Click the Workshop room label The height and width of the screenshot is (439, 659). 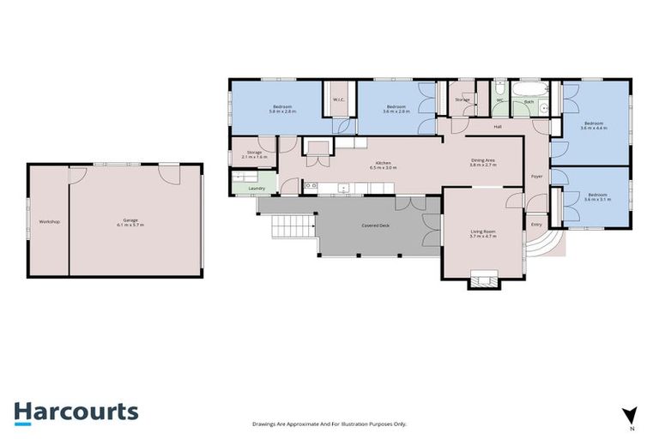50,222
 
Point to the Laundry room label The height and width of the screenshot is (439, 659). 256,189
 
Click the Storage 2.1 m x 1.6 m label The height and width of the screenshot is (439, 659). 254,155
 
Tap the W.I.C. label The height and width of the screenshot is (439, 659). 338,99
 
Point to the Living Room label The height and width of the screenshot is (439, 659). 484,232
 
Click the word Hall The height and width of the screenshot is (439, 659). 497,127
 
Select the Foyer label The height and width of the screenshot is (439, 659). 536,177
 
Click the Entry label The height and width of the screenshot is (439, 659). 536,225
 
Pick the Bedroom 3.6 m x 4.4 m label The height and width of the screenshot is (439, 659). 593,127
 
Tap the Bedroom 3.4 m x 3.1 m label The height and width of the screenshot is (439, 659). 598,199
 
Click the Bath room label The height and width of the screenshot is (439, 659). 529,102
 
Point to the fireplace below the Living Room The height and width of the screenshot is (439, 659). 483,280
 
